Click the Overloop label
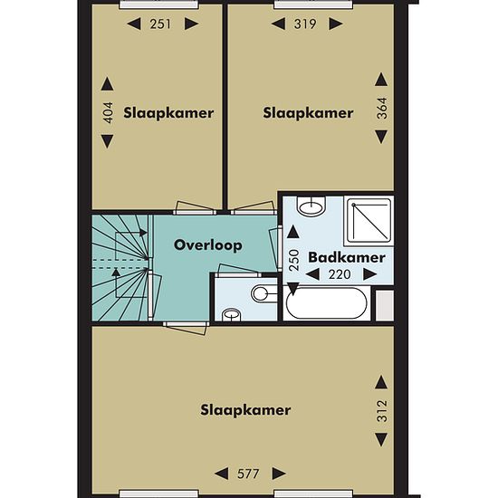click(x=208, y=245)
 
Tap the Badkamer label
click(x=347, y=257)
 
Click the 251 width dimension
click(x=160, y=24)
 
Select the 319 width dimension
click(x=305, y=24)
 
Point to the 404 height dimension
click(x=108, y=112)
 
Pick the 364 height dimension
click(x=382, y=109)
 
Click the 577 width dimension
click(x=248, y=474)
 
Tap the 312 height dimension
click(x=382, y=411)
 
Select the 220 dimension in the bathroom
click(x=340, y=274)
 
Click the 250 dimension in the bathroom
click(x=294, y=260)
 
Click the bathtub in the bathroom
click(x=327, y=303)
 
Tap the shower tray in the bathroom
click(x=369, y=220)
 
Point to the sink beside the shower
click(x=311, y=206)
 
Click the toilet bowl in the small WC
click(x=264, y=293)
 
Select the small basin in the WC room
click(x=231, y=315)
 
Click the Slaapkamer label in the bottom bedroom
click(x=245, y=410)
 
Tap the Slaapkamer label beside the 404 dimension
click(x=168, y=113)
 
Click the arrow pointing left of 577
click(x=221, y=474)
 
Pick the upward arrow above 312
click(x=381, y=382)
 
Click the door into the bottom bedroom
click(x=186, y=328)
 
